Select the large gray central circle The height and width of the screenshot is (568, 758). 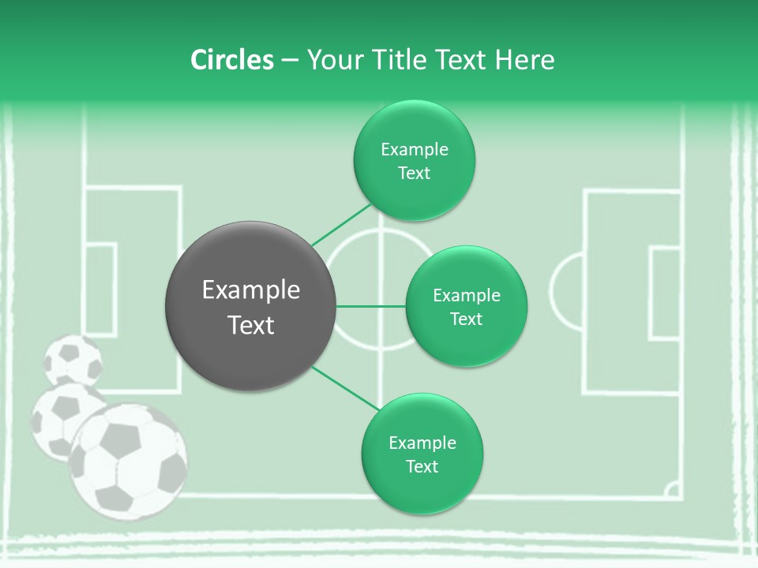[x=251, y=306]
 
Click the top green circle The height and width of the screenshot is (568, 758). [x=414, y=160]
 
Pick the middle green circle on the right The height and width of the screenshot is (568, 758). [x=466, y=306]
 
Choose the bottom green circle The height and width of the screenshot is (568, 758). [x=422, y=454]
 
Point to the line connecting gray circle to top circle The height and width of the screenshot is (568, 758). [x=341, y=225]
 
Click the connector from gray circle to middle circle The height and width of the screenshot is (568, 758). [x=370, y=306]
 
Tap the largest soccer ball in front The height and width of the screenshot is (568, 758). [x=128, y=461]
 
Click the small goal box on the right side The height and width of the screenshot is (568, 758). [x=665, y=293]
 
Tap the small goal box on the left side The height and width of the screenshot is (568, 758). [x=100, y=288]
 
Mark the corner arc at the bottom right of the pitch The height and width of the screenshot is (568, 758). [x=673, y=491]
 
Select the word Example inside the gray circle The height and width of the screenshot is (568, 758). [x=251, y=290]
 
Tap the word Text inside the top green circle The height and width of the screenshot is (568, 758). [x=414, y=173]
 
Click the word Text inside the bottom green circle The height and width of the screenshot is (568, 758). [x=422, y=466]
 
